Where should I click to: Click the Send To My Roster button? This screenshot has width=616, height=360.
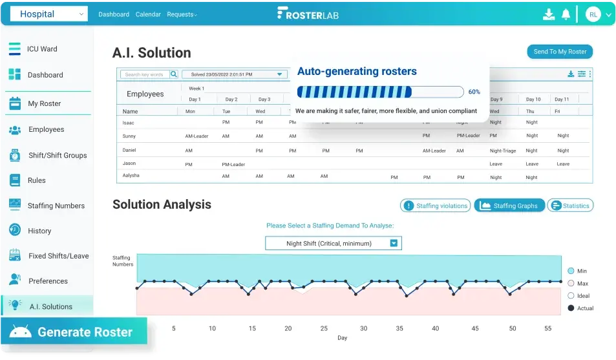pos(560,52)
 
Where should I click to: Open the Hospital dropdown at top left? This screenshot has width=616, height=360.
pos(49,14)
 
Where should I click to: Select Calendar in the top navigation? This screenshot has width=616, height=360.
pos(148,14)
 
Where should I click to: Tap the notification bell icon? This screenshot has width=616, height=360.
pos(566,14)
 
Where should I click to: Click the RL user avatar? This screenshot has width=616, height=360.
pos(593,14)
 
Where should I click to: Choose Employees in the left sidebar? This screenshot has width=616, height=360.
pos(46,129)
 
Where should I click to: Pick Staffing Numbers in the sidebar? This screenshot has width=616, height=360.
pos(56,206)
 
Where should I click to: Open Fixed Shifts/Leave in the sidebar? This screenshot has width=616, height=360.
pos(58,256)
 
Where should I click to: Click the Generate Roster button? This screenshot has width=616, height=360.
pos(74,332)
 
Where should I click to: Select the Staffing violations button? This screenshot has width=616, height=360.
pos(435,206)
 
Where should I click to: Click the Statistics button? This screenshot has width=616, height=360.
pos(570,206)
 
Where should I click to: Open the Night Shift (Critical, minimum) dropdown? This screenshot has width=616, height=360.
pos(334,244)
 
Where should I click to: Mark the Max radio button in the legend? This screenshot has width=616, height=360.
pos(571,283)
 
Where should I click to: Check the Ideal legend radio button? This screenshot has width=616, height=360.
pos(571,295)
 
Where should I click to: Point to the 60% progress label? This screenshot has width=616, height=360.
pos(474,92)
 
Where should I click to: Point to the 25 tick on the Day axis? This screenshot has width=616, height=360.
pos(324,328)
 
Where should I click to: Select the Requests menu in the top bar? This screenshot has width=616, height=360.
pos(182,14)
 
